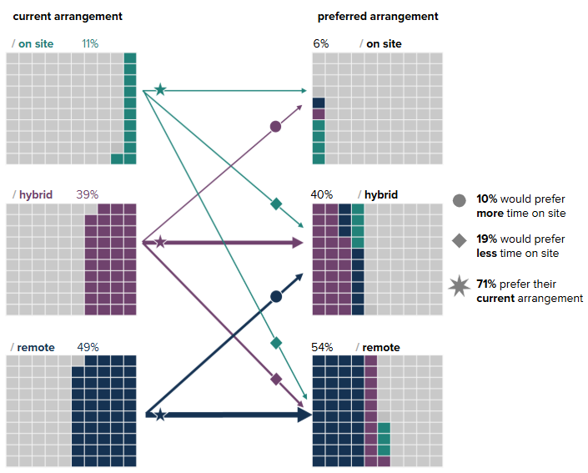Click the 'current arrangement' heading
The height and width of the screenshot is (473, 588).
[68, 17]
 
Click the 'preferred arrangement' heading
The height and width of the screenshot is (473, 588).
[378, 17]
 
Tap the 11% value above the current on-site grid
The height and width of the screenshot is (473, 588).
[90, 43]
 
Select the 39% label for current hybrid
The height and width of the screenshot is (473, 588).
[87, 194]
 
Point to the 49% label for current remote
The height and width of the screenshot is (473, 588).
[87, 347]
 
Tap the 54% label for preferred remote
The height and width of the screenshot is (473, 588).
[322, 347]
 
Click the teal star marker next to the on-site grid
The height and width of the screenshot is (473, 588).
[160, 89]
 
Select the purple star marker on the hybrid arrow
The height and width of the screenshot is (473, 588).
[161, 242]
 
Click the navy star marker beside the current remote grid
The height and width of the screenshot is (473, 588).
[160, 415]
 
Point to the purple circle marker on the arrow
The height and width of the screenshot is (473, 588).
[275, 127]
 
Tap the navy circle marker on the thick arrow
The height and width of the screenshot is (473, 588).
[276, 296]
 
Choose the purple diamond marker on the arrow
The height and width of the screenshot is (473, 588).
[276, 379]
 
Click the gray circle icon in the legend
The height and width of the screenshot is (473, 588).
[459, 200]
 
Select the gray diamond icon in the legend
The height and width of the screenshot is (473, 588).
[459, 240]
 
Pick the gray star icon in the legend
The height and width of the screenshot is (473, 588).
[459, 286]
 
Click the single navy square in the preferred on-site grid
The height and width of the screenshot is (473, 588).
[319, 103]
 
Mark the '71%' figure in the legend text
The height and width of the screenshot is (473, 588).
[486, 284]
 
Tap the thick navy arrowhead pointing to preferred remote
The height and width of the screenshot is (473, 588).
[304, 415]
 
